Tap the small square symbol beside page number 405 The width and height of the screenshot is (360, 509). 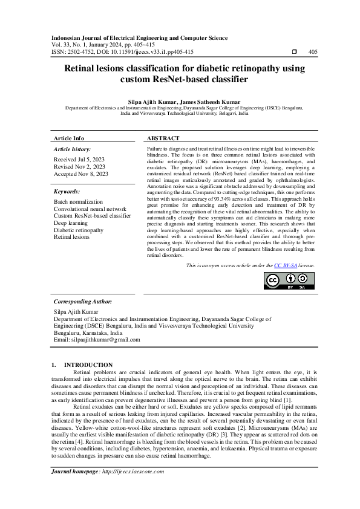tap(294, 52)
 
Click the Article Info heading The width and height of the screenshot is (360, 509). tap(70, 138)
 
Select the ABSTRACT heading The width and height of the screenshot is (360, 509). tap(163, 138)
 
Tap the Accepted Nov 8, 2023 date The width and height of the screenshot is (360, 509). tap(81, 174)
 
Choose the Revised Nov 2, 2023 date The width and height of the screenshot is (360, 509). tap(79, 167)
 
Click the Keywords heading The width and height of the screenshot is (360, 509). tap(67, 192)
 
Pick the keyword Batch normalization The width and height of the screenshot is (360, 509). tap(79, 201)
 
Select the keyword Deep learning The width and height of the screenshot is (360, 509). tap(71, 223)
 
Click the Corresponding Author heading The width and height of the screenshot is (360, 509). tap(83, 301)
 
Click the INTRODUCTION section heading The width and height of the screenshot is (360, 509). tap(88, 365)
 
